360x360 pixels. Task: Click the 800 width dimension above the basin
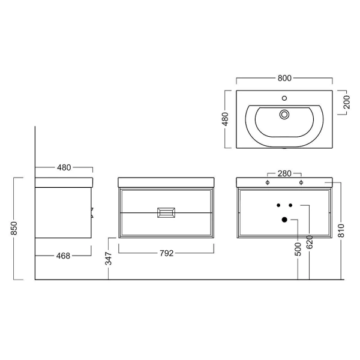[x=284, y=78]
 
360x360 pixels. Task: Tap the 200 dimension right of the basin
[x=347, y=102]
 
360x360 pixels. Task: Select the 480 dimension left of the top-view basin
[x=226, y=119]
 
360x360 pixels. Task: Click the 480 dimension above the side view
[x=64, y=167]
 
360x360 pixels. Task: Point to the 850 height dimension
[x=14, y=228]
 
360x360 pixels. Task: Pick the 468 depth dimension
[x=63, y=256]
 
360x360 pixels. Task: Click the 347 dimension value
[x=108, y=258]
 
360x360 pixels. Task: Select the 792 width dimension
[x=166, y=253]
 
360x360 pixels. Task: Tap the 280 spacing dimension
[x=284, y=173]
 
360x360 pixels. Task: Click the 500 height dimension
[x=298, y=249]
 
